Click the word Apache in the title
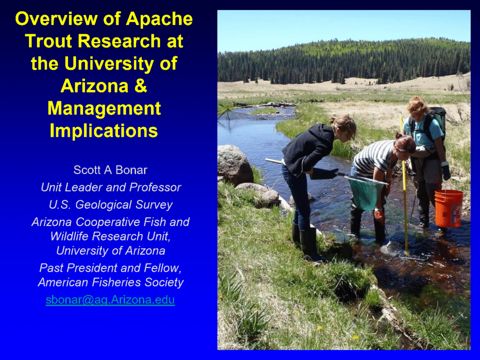(x=159, y=19)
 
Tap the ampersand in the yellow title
(x=141, y=86)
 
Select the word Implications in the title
(x=104, y=131)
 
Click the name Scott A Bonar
(x=110, y=170)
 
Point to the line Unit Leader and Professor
(x=111, y=187)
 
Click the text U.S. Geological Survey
(x=111, y=204)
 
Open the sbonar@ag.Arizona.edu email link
(x=110, y=300)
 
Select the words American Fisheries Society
(x=111, y=282)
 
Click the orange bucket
(x=449, y=209)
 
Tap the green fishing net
(x=366, y=192)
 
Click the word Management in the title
(x=105, y=108)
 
